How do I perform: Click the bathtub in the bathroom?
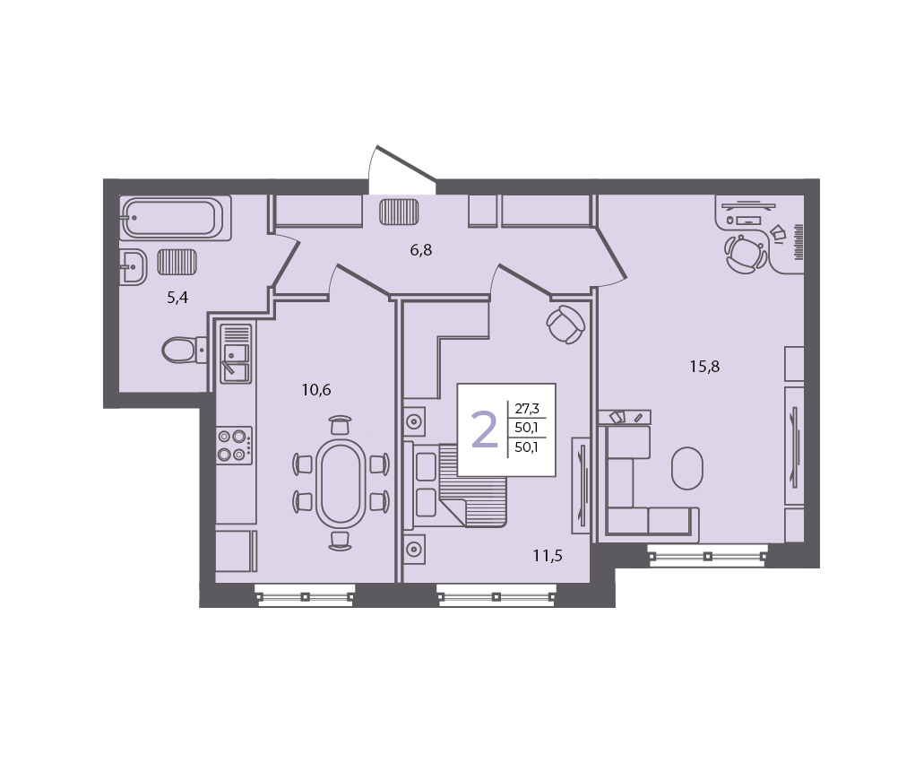176,218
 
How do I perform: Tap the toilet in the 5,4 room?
184,350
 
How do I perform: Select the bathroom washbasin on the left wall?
133,267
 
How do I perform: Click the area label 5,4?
177,298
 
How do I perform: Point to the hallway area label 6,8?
420,250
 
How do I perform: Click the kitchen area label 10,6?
316,389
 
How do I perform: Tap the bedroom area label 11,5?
548,556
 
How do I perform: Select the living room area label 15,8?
704,367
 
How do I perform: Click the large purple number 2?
484,429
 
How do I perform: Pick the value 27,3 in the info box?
526,409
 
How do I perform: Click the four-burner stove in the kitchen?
234,446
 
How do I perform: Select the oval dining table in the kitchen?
341,482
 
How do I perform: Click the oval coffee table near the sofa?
687,468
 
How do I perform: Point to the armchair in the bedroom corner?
565,325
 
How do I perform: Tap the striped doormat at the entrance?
399,212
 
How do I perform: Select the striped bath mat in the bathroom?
177,262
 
